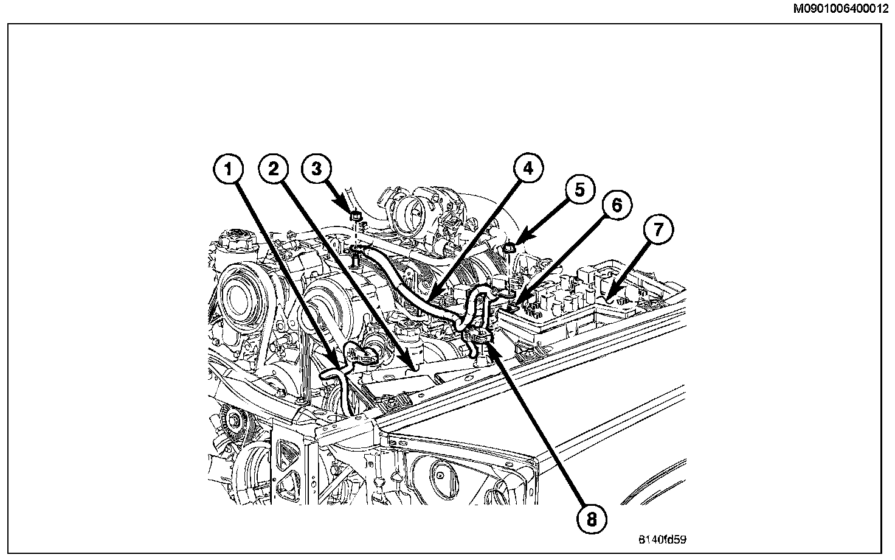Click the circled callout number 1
229,170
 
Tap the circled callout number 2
274,169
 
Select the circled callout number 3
316,169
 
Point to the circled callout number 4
527,169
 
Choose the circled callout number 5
579,191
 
